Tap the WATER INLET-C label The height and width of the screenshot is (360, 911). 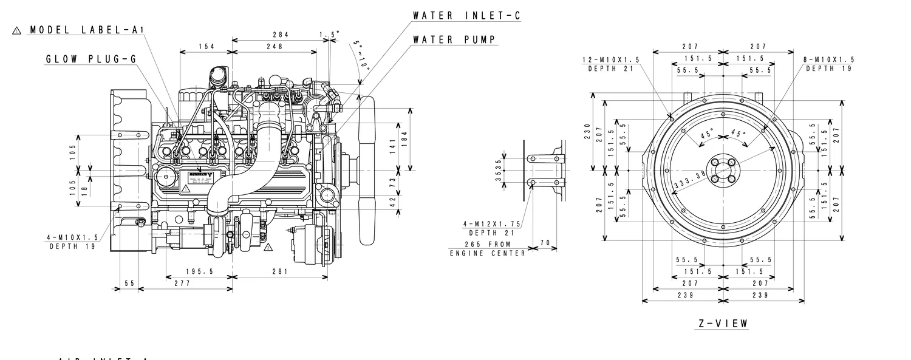point(466,16)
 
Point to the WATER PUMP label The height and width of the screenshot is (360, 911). point(454,40)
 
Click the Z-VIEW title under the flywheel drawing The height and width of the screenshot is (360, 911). point(723,324)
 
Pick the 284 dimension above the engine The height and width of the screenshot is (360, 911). point(281,35)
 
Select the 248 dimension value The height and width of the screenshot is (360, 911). point(274,47)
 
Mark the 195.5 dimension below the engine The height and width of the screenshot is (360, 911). point(199,272)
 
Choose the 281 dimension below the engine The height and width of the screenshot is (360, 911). point(279,272)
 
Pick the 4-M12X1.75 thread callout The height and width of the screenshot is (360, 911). point(492,225)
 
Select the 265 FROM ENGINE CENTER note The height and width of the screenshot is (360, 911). point(488,249)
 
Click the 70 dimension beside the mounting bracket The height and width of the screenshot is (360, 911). point(545,243)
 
